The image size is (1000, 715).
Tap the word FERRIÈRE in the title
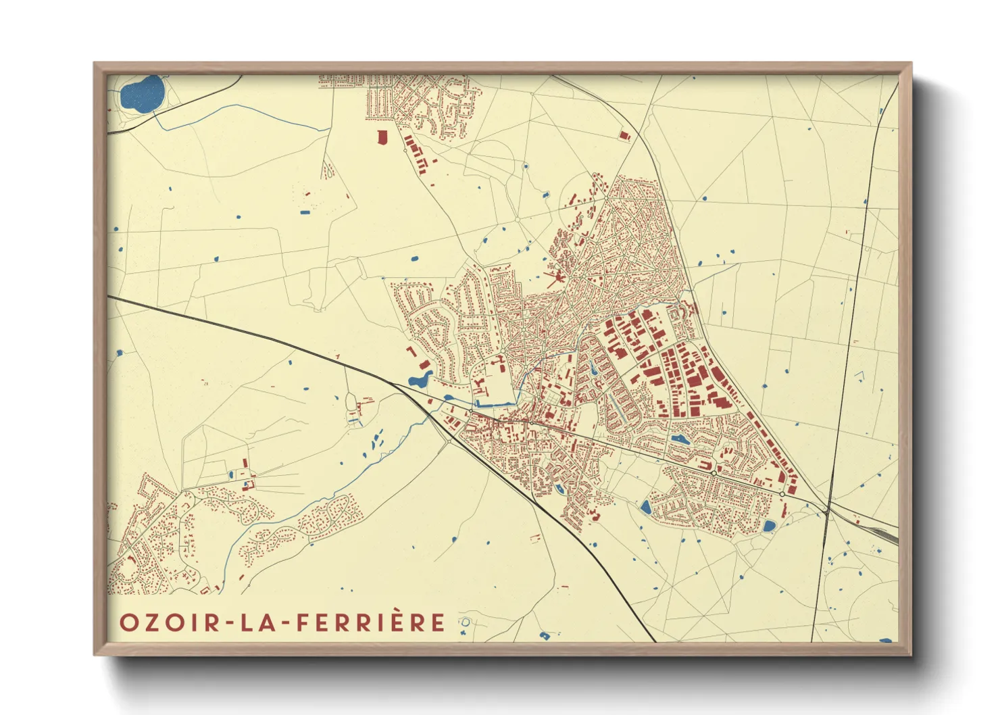[x=371, y=622]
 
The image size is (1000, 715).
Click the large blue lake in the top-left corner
[x=143, y=94]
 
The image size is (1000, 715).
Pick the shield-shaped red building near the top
[x=382, y=138]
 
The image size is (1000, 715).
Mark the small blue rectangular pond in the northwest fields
[x=305, y=212]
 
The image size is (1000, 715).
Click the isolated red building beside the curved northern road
[x=624, y=135]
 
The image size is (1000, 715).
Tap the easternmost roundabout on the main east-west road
[x=782, y=495]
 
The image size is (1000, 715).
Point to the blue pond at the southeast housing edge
[x=769, y=525]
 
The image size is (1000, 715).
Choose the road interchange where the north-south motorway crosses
[x=827, y=511]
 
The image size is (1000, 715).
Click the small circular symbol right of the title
[x=465, y=622]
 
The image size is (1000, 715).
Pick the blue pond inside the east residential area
[x=678, y=439]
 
